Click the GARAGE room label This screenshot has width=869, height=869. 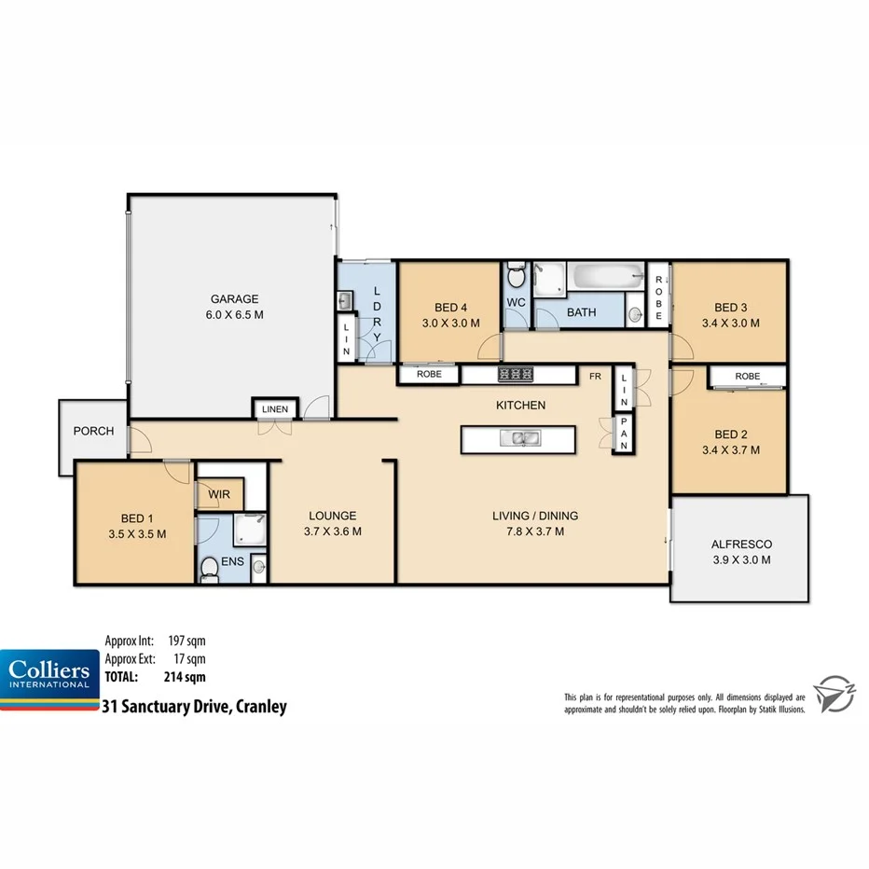click(234, 299)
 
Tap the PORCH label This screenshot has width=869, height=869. click(93, 431)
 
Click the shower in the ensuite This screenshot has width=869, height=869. click(248, 531)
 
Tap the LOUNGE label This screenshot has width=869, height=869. click(333, 516)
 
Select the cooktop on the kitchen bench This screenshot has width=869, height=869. click(516, 374)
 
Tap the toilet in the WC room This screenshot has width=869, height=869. click(517, 277)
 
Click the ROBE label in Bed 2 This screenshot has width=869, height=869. click(747, 376)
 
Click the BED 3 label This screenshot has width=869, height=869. click(731, 307)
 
